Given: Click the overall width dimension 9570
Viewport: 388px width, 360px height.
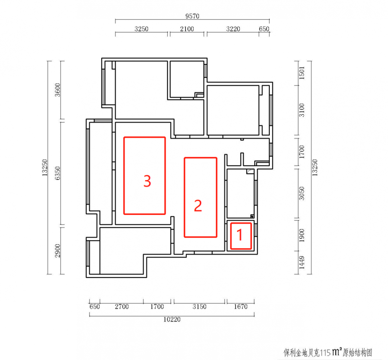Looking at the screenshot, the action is coord(192,16).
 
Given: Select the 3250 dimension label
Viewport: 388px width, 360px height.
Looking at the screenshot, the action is coord(141,29).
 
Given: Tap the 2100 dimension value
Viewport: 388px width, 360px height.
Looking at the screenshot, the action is coord(187,29).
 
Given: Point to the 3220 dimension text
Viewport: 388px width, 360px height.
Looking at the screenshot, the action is coord(233,29).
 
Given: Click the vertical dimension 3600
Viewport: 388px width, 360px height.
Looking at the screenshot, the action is coord(57,90).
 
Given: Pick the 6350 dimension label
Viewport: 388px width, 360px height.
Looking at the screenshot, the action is coord(57,173).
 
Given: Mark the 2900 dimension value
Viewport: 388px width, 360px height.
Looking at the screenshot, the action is coord(57,251).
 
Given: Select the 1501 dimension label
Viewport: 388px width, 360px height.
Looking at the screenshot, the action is coord(302,73).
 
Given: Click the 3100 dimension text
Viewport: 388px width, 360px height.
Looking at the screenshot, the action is coord(302,110).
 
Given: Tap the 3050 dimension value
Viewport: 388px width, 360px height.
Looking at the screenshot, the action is coord(302,193).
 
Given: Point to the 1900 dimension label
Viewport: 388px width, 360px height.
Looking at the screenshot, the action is coord(302,235).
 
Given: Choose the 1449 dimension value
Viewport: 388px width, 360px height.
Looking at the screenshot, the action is coord(302,263).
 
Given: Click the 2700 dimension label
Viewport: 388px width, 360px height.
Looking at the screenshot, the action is coord(122,307).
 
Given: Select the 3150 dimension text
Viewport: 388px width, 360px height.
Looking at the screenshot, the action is coord(199,307).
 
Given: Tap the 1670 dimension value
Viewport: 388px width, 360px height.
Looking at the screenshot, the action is coord(240,307).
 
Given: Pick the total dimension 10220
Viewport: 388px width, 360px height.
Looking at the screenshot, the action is coord(172,319).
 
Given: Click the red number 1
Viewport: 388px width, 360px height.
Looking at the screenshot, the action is coord(240,235).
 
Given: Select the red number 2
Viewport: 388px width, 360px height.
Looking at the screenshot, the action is coord(198,206).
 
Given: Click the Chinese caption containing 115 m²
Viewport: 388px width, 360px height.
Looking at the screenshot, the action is coord(328,352).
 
